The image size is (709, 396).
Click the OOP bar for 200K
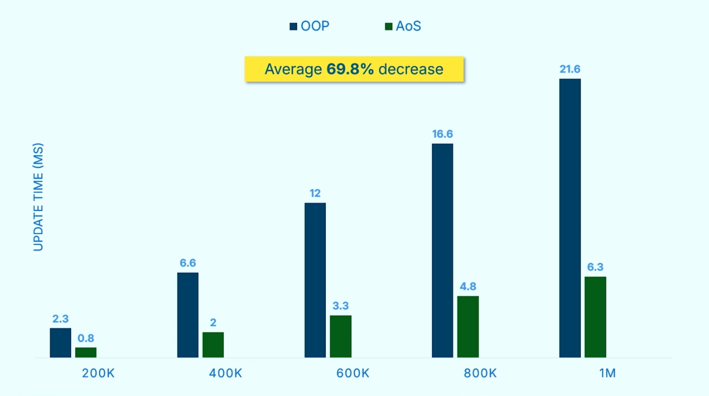click(60, 343)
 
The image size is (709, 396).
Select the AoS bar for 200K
click(86, 353)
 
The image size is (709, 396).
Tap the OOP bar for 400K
click(188, 315)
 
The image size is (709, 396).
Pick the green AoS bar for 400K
click(213, 345)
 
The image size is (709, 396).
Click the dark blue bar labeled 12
click(315, 280)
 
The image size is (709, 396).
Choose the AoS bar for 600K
click(340, 337)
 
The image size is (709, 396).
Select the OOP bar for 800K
click(442, 251)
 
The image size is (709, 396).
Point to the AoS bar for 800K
click(468, 327)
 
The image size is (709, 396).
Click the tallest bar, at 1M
click(570, 218)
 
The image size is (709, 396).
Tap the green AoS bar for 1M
click(596, 317)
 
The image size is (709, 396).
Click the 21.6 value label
click(570, 69)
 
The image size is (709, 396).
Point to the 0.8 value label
click(86, 338)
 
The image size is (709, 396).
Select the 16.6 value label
click(442, 134)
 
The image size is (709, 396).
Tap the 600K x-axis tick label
click(353, 373)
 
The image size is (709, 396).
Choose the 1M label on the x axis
click(607, 373)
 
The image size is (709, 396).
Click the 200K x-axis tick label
click(98, 373)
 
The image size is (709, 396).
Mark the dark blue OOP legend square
click(293, 26)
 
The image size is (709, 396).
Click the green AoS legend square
click(389, 26)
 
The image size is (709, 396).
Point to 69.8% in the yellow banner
click(350, 69)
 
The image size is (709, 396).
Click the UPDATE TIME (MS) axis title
click(38, 197)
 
